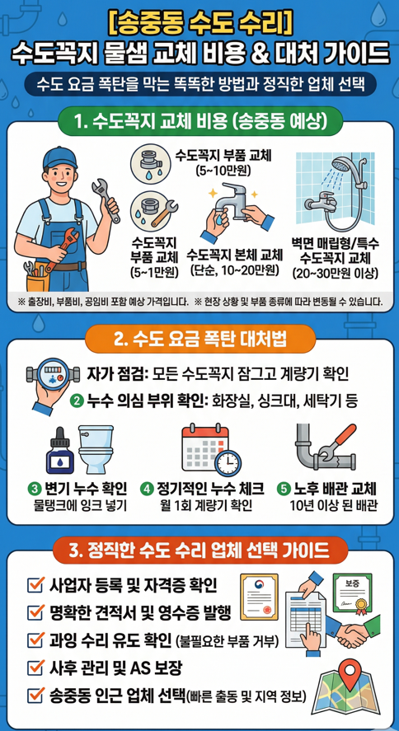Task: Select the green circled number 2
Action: pyautogui.click(x=77, y=401)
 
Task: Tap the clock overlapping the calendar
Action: pyautogui.click(x=229, y=461)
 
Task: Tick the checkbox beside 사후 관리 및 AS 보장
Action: pyautogui.click(x=35, y=666)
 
